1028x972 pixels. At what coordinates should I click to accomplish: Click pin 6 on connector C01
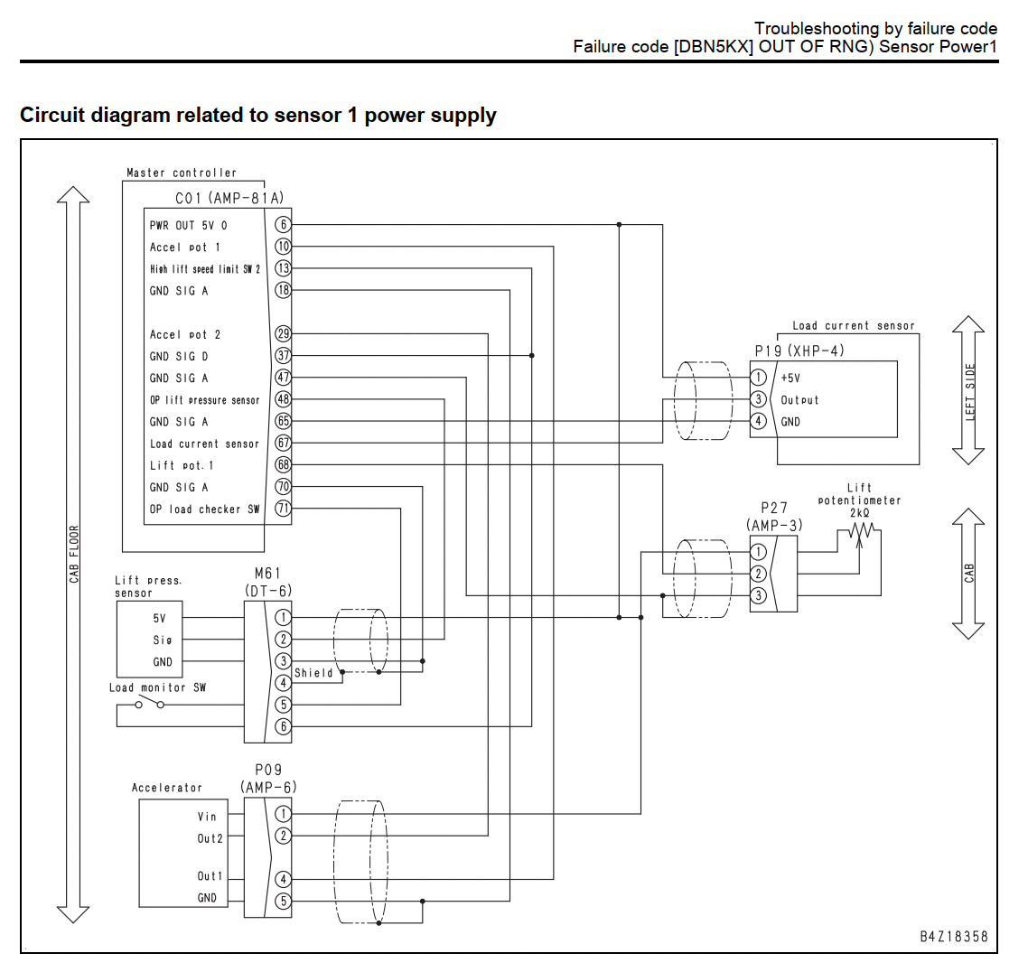(283, 225)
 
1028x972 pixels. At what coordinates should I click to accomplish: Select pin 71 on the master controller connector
(283, 509)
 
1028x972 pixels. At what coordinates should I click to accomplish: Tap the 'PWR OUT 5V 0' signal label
(188, 226)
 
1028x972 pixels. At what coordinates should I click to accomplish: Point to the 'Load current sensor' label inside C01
(204, 444)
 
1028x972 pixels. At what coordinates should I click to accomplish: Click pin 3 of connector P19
(758, 399)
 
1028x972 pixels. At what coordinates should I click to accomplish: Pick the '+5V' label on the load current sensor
(790, 379)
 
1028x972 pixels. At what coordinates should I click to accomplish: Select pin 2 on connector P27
(758, 574)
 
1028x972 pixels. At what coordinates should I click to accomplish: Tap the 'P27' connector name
(773, 508)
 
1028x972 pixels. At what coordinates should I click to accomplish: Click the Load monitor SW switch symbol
(149, 704)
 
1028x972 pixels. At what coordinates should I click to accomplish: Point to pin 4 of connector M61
(283, 683)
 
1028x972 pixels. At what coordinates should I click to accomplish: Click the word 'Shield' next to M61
(313, 672)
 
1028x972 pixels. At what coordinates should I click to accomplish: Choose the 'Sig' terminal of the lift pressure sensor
(162, 640)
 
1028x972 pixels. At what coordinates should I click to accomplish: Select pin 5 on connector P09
(283, 902)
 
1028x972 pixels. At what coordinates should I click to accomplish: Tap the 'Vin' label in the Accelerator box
(207, 817)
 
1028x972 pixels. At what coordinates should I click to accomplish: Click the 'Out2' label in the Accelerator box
(210, 838)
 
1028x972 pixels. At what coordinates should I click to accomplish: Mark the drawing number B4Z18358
(953, 937)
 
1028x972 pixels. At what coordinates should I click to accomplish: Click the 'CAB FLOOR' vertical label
(74, 554)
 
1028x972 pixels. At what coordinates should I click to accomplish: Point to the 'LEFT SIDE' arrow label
(970, 391)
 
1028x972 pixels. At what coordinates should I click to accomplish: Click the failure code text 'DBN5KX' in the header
(714, 47)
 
